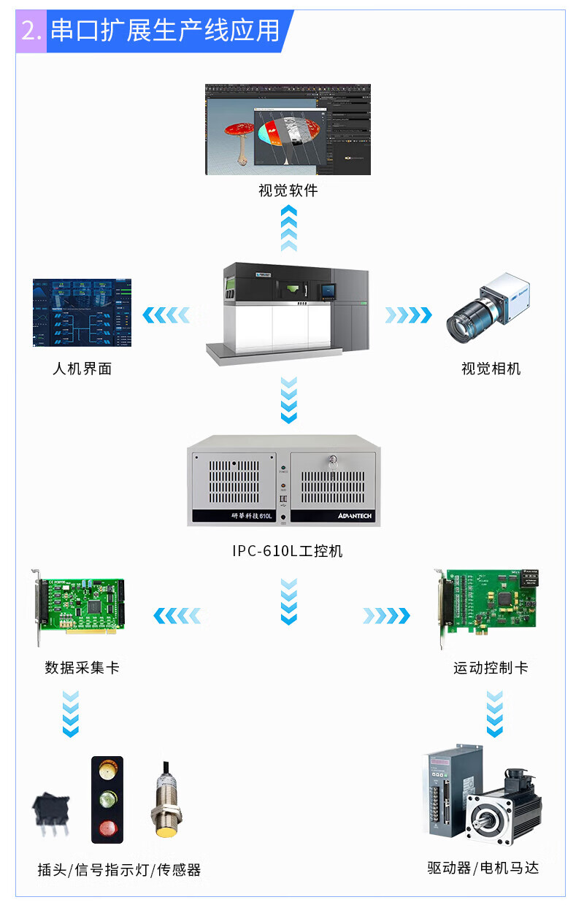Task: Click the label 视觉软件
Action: tap(288, 190)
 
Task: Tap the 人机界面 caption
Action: tap(82, 369)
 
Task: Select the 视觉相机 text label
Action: tap(491, 369)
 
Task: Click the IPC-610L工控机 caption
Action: tap(288, 550)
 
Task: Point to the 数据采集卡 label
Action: tap(82, 668)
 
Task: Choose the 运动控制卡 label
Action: tap(491, 668)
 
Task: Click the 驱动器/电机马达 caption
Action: tap(483, 868)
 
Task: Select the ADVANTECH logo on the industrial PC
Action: tap(355, 516)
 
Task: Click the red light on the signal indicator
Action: tap(107, 828)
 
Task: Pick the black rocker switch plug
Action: tap(51, 811)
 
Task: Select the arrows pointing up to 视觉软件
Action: tap(289, 228)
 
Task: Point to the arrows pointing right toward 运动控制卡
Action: tap(386, 616)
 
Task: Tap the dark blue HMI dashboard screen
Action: tap(82, 312)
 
